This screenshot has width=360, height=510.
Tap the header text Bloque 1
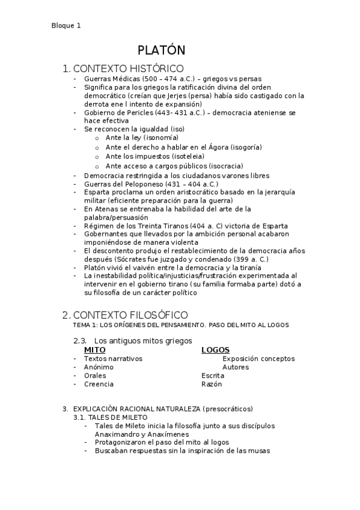click(x=66, y=26)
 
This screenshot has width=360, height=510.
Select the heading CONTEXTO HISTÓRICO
click(x=128, y=69)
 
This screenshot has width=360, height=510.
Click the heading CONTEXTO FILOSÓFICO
click(x=130, y=315)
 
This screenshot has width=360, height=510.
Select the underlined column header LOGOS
click(x=215, y=349)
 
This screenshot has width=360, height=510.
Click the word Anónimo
click(x=99, y=367)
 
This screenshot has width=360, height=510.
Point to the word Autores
click(x=236, y=367)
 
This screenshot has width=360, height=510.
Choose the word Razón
click(x=212, y=384)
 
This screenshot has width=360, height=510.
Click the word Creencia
click(x=99, y=384)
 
